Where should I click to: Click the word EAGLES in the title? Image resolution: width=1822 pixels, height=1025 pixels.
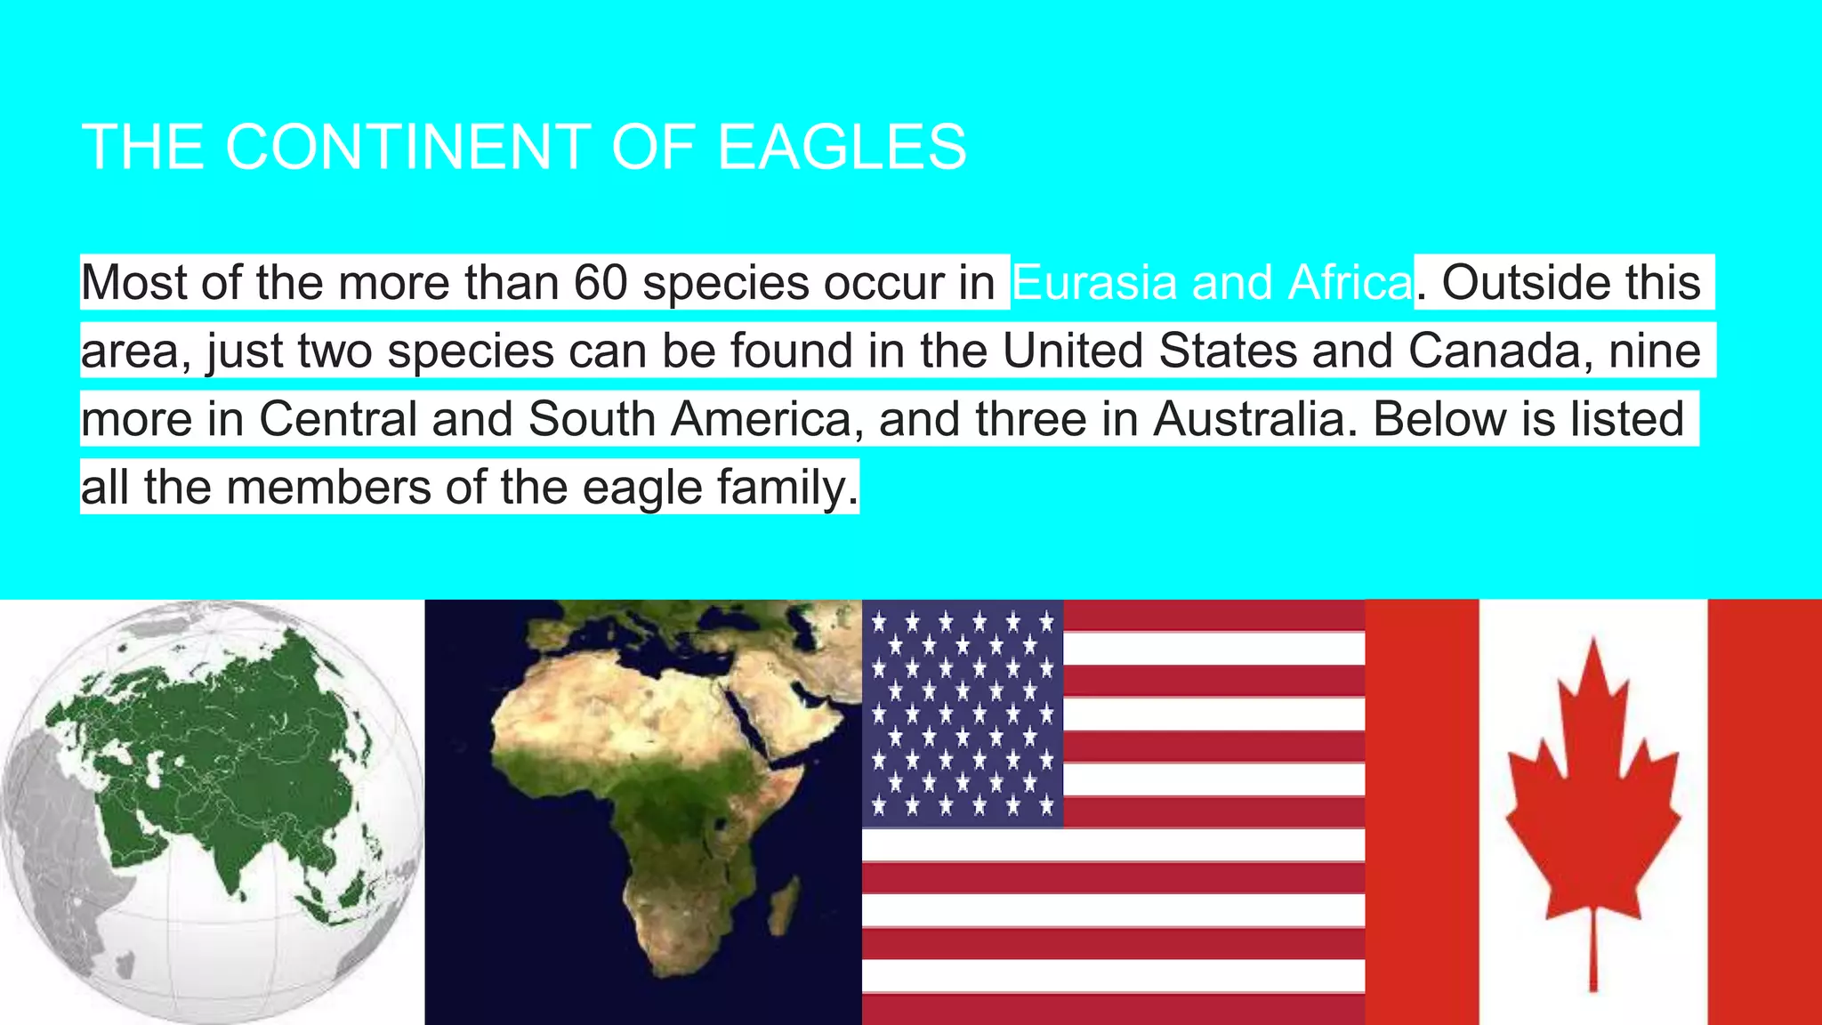point(842,147)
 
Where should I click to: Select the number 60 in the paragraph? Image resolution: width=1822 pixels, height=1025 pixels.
point(601,283)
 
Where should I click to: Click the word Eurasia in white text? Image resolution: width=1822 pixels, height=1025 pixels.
point(1093,283)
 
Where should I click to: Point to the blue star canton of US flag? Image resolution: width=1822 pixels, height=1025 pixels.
point(963,713)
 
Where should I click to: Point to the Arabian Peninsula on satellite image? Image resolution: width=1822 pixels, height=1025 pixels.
point(792,703)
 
